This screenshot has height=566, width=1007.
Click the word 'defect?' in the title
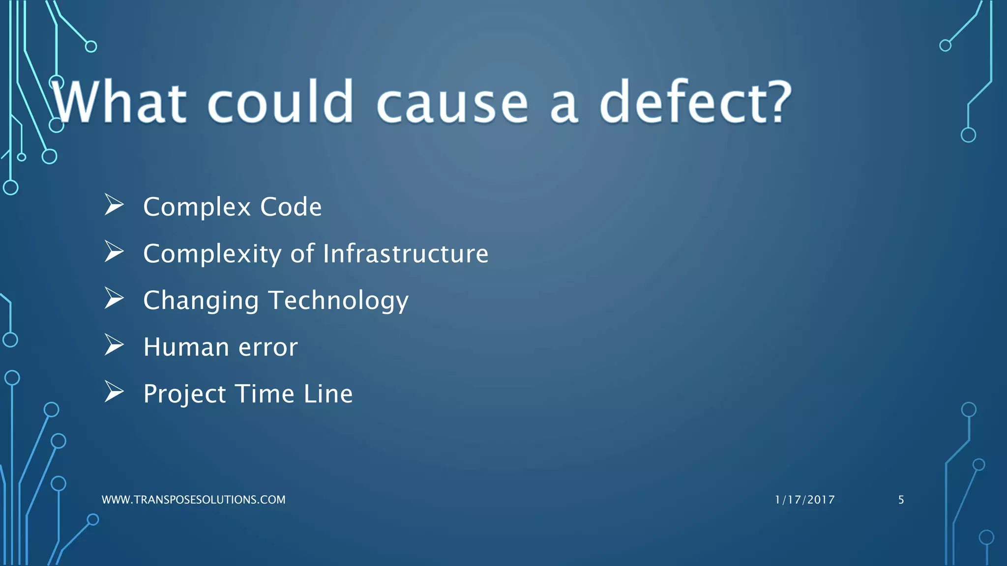(x=695, y=102)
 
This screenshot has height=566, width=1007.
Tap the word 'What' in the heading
(x=119, y=102)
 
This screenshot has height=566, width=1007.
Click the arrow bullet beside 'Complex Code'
(x=114, y=205)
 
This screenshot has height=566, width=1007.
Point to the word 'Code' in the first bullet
(x=291, y=207)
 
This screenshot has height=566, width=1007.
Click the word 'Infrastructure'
(x=406, y=254)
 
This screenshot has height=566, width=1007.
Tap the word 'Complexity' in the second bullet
(x=212, y=255)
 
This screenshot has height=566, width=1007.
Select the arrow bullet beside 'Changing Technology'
(x=114, y=298)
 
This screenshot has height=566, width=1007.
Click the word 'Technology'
(x=339, y=301)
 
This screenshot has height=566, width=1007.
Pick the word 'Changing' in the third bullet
(x=201, y=301)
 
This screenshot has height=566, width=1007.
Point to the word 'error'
(x=268, y=348)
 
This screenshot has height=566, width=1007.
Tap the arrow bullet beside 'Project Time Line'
(x=114, y=392)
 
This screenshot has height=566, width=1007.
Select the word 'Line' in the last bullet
(x=328, y=394)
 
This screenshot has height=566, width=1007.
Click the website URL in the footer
(x=193, y=500)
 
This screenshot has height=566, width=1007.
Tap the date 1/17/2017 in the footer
(x=804, y=500)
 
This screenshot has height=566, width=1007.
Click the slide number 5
(x=901, y=500)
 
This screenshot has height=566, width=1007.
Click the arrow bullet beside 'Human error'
(x=114, y=345)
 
